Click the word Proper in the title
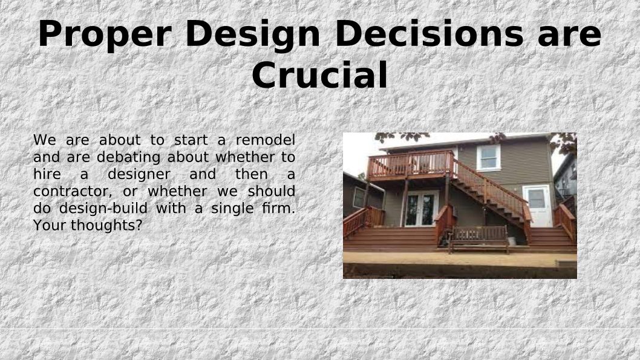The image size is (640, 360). tap(104, 35)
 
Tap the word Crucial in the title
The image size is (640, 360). tap(319, 74)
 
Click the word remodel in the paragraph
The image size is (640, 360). tap(266, 140)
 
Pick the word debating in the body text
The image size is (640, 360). tap(130, 157)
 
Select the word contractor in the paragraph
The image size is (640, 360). tap(72, 191)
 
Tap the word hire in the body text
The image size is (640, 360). tap(47, 174)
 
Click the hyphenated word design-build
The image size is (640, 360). tap(103, 209)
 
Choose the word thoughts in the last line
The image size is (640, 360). tap(102, 225)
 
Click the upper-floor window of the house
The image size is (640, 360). tap(489, 158)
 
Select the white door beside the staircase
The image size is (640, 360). tap(537, 206)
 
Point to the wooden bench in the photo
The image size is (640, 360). tap(478, 239)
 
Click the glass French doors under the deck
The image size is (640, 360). tap(421, 209)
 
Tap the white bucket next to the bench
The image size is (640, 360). tap(512, 240)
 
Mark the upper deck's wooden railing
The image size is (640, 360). tap(411, 164)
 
